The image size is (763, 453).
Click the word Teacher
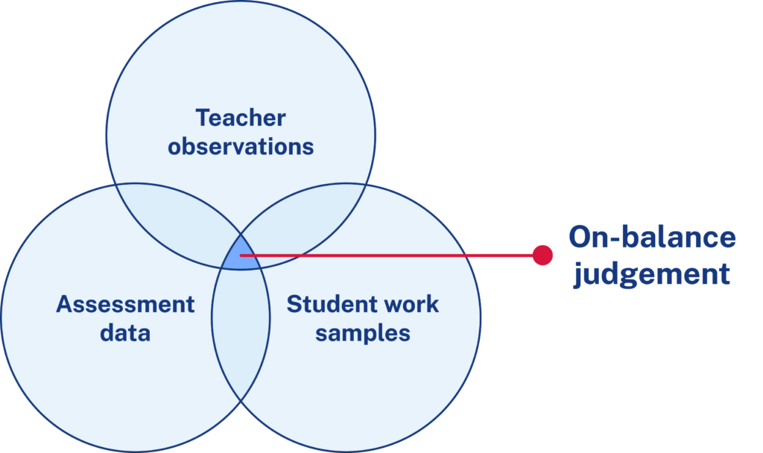point(241,118)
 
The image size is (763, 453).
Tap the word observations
point(241,146)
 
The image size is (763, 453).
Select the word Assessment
point(125,304)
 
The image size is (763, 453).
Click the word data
point(125,332)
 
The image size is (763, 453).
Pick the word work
point(409,304)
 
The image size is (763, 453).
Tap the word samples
point(363,332)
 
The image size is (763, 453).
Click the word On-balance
point(652,238)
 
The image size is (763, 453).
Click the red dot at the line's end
point(542,256)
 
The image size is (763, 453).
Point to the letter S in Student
point(294,304)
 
